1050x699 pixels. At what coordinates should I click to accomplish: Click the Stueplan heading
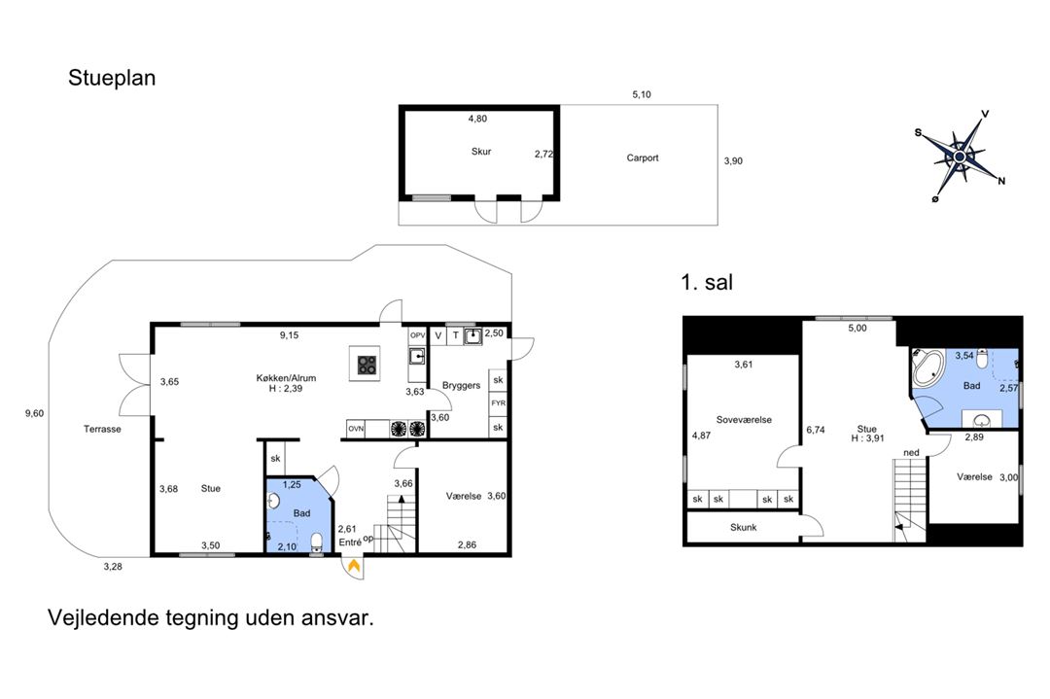(x=112, y=79)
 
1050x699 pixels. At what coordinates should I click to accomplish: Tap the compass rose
(x=961, y=156)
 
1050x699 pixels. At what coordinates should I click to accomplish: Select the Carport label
(x=643, y=158)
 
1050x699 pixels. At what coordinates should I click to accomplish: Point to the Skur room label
(x=481, y=152)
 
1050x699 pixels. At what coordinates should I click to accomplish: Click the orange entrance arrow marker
(x=354, y=566)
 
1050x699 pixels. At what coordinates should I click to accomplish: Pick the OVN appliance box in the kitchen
(x=356, y=429)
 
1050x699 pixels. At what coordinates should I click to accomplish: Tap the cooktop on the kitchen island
(x=367, y=365)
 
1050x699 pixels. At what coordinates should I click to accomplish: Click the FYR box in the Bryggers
(x=498, y=403)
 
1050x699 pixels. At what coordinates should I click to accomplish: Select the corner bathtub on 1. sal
(x=927, y=367)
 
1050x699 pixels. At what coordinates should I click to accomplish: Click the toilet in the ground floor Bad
(x=316, y=541)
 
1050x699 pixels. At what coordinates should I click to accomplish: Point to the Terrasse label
(x=102, y=429)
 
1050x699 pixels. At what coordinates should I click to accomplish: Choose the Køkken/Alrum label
(x=286, y=378)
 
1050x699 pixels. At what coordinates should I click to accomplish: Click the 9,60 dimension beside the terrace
(x=34, y=413)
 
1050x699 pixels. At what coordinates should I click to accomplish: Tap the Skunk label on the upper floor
(x=744, y=528)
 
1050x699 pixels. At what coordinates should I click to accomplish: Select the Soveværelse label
(x=744, y=420)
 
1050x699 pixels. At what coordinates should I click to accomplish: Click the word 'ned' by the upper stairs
(x=911, y=453)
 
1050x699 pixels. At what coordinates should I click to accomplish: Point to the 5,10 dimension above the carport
(x=642, y=94)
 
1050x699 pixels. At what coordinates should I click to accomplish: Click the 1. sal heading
(x=707, y=282)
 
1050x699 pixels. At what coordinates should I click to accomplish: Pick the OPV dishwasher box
(x=417, y=335)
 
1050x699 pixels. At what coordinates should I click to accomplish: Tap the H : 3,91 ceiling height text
(x=867, y=438)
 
